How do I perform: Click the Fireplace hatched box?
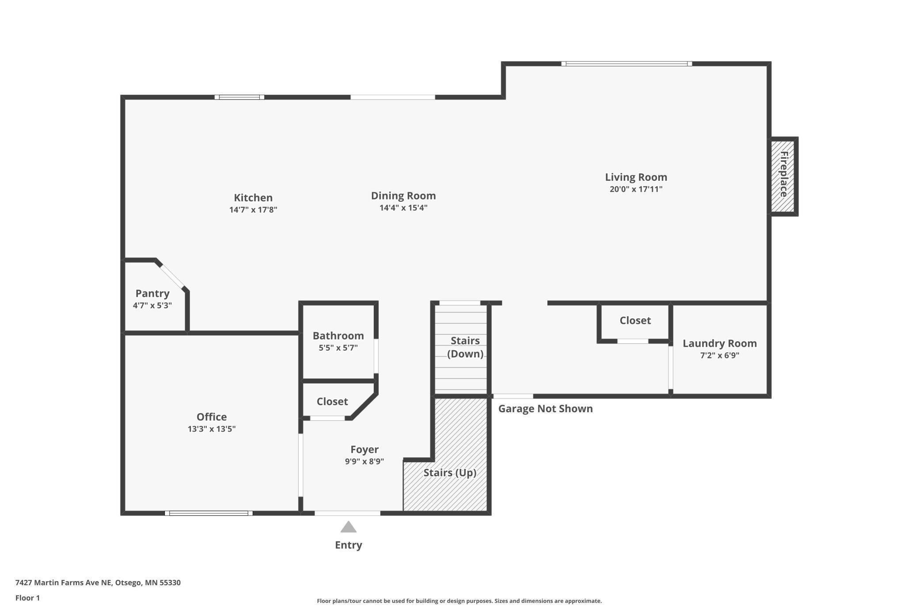(782, 176)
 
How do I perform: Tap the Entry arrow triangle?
(348, 527)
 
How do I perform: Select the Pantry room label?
(152, 293)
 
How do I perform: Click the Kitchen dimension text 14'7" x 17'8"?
(253, 210)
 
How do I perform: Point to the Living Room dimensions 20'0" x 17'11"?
(636, 189)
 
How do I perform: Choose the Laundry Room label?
(720, 343)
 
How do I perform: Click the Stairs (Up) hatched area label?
(450, 473)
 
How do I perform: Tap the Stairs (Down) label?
(465, 347)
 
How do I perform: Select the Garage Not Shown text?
(546, 409)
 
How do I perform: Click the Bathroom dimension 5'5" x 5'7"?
(338, 348)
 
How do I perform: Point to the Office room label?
(212, 417)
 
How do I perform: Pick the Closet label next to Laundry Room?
(635, 320)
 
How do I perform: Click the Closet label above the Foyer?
(332, 401)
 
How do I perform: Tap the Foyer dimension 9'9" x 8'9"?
(365, 461)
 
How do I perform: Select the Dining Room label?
(403, 195)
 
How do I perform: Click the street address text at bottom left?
(98, 582)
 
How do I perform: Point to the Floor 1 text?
(27, 598)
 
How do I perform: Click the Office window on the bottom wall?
(209, 513)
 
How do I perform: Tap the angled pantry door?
(172, 276)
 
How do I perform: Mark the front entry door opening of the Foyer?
(347, 513)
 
